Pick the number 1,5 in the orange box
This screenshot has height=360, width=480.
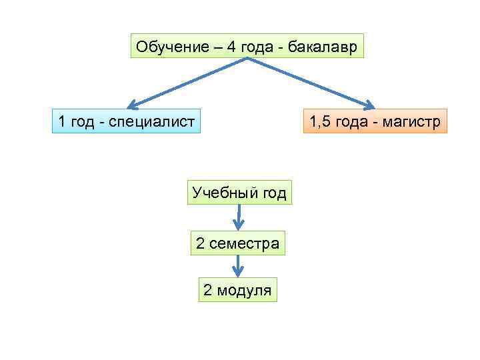tap(321, 122)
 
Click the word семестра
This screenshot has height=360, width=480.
tap(244, 243)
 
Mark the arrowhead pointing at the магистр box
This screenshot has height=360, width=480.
tap(370, 105)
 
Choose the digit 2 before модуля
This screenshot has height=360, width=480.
tap(207, 290)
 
